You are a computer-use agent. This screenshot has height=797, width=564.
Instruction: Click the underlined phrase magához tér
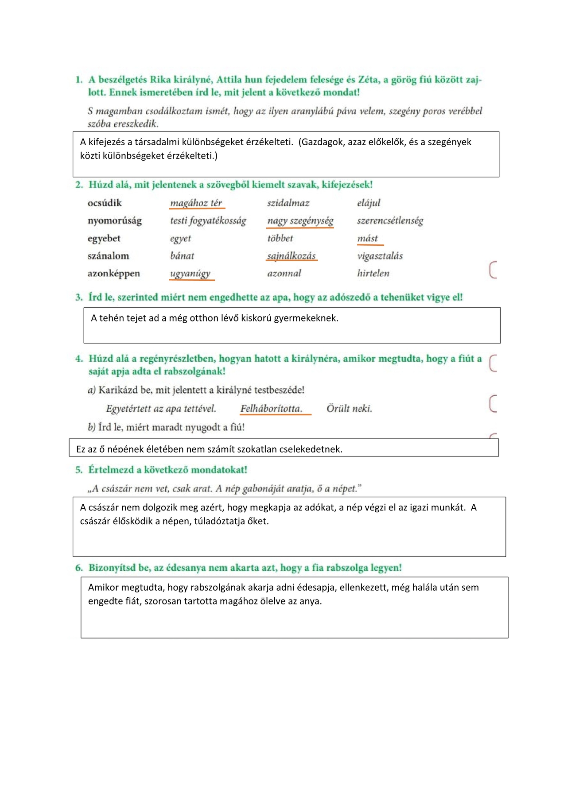196,203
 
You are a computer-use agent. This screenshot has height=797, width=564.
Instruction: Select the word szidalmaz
288,203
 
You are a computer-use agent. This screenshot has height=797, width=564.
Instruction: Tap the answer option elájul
369,203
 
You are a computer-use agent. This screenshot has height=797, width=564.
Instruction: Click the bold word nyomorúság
115,221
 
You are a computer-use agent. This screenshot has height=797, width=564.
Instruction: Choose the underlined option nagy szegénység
300,221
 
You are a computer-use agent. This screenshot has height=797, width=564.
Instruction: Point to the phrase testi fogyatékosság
208,221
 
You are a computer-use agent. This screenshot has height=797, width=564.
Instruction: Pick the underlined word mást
368,238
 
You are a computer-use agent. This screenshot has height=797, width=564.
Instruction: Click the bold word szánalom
108,256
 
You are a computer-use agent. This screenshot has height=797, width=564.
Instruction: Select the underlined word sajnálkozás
291,256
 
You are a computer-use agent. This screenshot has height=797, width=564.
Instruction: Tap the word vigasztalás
380,256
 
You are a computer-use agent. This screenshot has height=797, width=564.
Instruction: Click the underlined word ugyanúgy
190,273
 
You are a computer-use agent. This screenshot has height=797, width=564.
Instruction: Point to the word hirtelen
373,273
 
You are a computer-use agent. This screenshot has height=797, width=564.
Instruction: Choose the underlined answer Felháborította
271,409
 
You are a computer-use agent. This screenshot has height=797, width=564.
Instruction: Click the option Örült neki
349,409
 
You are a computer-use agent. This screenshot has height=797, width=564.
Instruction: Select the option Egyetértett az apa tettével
161,409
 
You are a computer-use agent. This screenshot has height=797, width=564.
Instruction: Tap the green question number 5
79,470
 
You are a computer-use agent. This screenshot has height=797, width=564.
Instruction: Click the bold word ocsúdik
105,203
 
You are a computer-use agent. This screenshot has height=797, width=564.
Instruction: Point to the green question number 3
79,297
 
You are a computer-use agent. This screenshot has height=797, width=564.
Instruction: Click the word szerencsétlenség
390,221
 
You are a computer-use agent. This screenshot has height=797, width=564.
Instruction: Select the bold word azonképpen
113,273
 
